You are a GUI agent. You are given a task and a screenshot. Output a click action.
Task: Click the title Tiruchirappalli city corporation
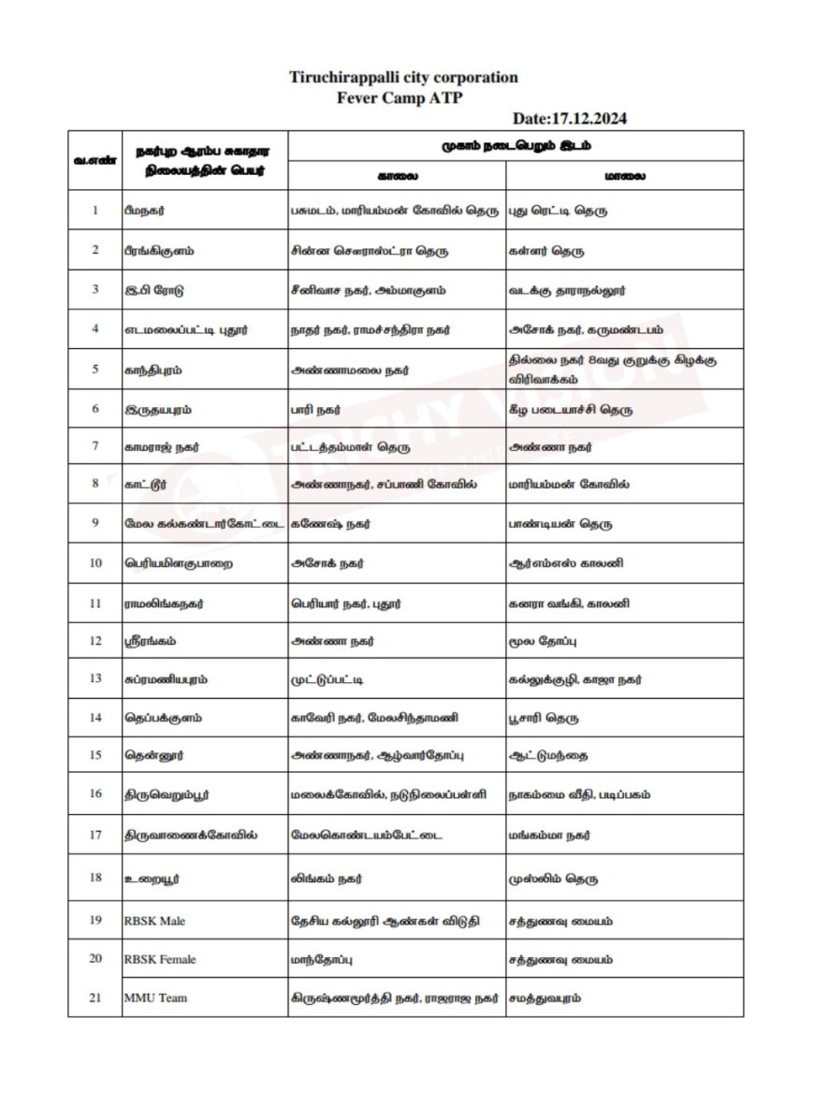(403, 78)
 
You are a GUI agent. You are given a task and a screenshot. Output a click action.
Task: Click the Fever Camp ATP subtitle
(403, 96)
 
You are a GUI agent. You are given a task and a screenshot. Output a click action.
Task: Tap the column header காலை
(397, 175)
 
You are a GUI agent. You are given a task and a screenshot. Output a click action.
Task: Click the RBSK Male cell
(154, 921)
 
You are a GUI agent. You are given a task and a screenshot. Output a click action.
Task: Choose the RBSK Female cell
(160, 959)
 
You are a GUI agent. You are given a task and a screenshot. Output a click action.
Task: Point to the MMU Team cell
(155, 997)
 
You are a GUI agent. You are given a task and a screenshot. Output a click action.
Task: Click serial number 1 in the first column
(94, 211)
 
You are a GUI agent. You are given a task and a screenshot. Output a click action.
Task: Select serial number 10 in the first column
(94, 564)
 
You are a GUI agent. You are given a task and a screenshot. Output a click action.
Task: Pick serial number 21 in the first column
(94, 997)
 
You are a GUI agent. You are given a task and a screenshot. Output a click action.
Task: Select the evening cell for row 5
(613, 368)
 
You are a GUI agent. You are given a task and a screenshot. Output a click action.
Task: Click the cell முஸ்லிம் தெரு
(553, 880)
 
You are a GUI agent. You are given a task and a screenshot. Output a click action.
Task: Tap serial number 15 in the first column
(94, 754)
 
